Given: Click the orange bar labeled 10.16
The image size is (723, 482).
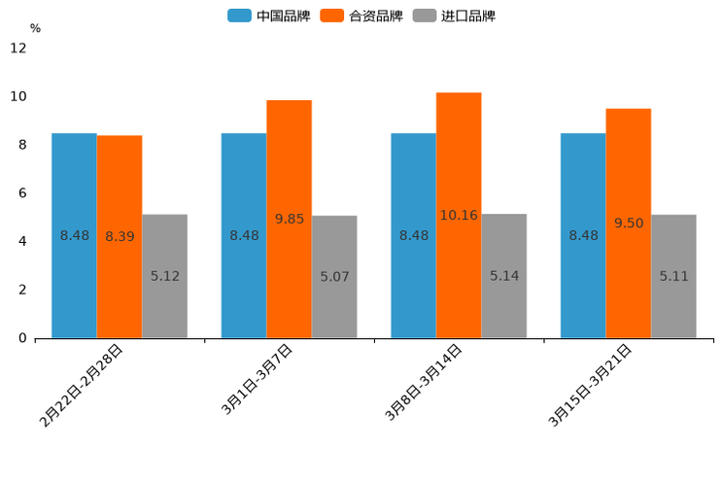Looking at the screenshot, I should [x=459, y=215].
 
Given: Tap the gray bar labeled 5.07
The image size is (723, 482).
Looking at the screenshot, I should [x=334, y=277].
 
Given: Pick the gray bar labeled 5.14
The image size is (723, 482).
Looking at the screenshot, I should [x=504, y=276].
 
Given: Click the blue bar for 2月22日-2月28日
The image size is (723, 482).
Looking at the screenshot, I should [x=74, y=235].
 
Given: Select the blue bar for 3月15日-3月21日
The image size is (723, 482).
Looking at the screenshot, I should [x=583, y=235].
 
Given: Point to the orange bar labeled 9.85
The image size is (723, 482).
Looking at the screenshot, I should [x=289, y=219].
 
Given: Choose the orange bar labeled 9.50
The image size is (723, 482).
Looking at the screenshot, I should [x=629, y=224].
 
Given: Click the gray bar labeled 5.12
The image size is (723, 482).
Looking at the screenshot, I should [x=164, y=276].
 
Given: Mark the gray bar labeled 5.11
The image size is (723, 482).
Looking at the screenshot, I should [x=673, y=276].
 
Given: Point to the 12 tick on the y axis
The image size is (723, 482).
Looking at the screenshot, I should [x=18, y=48].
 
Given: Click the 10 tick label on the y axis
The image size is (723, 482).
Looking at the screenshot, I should [x=18, y=96].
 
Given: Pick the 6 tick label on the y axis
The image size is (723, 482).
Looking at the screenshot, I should [x=22, y=193].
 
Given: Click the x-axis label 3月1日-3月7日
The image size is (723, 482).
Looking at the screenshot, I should [x=257, y=380].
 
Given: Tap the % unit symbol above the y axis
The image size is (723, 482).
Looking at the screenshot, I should [x=35, y=28].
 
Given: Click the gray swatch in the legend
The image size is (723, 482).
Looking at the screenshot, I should [x=424, y=16].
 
